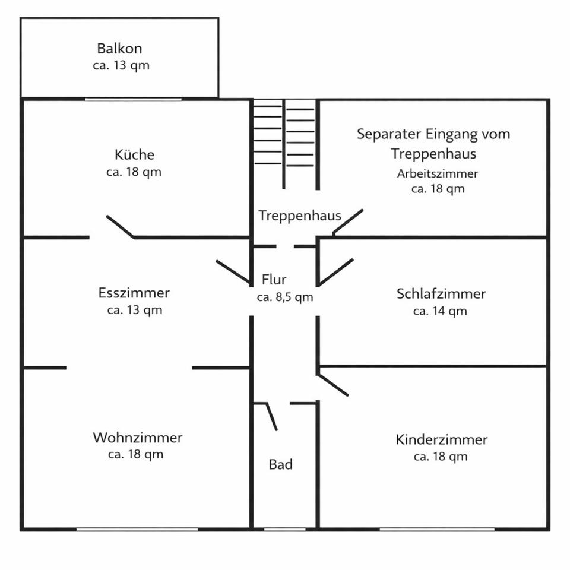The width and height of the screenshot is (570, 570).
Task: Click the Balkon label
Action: click(119, 48)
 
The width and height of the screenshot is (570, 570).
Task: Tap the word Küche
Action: click(134, 154)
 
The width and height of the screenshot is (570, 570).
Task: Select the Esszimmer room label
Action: click(134, 293)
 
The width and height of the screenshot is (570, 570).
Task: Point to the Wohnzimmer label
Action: click(137, 438)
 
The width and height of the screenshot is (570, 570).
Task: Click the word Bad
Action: click(281, 464)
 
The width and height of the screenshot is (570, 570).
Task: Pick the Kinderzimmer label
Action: click(441, 439)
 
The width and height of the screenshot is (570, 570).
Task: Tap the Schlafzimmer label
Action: click(441, 294)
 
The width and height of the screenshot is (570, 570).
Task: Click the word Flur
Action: click(274, 279)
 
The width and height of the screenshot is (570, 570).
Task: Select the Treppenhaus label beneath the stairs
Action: click(299, 216)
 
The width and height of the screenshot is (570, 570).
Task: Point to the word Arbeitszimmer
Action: click(438, 173)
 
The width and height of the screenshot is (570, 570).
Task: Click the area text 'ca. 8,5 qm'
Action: click(284, 297)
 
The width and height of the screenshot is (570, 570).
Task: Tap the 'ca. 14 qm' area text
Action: click(440, 311)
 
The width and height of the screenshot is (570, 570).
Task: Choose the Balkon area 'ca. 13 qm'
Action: click(121, 65)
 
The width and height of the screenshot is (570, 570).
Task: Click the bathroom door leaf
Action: click(272, 417)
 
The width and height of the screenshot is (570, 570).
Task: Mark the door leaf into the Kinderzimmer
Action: click(332, 385)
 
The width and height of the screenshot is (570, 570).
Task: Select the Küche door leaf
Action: click(121, 227)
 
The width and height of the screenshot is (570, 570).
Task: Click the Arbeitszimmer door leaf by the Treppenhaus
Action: click(348, 221)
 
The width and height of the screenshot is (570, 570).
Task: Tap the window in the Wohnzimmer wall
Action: click(137, 529)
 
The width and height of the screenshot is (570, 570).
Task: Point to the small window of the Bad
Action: click(284, 529)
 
